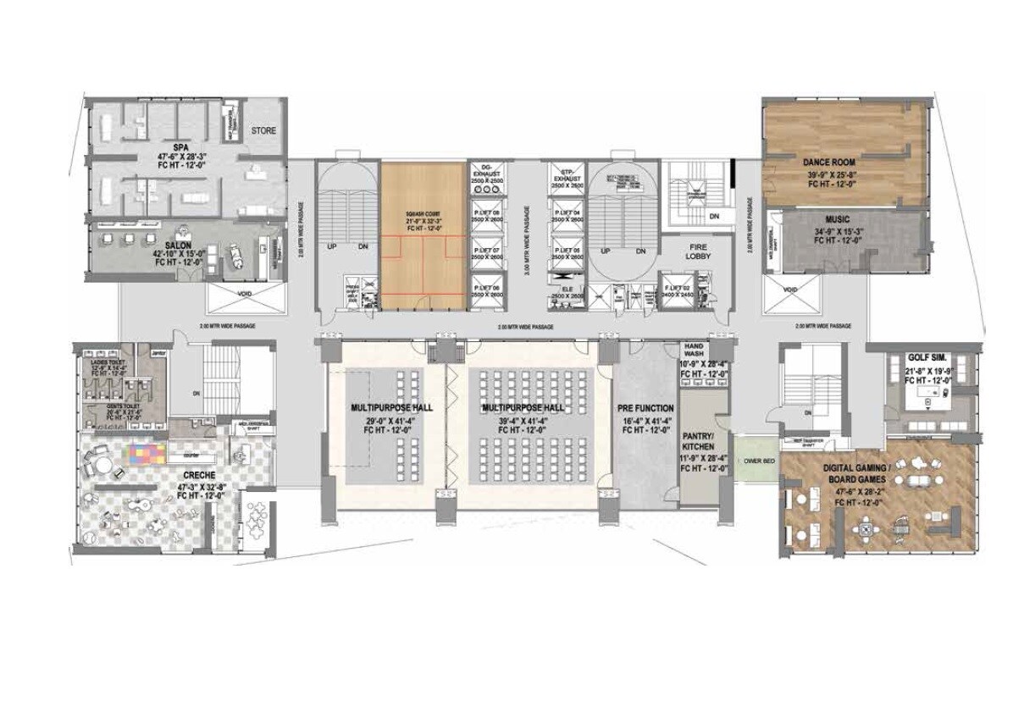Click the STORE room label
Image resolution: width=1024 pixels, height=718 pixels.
263,131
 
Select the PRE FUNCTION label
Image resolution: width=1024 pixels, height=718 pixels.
645,407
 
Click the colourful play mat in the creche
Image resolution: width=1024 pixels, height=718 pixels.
147,453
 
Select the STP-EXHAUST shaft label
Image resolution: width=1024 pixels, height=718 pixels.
565,174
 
